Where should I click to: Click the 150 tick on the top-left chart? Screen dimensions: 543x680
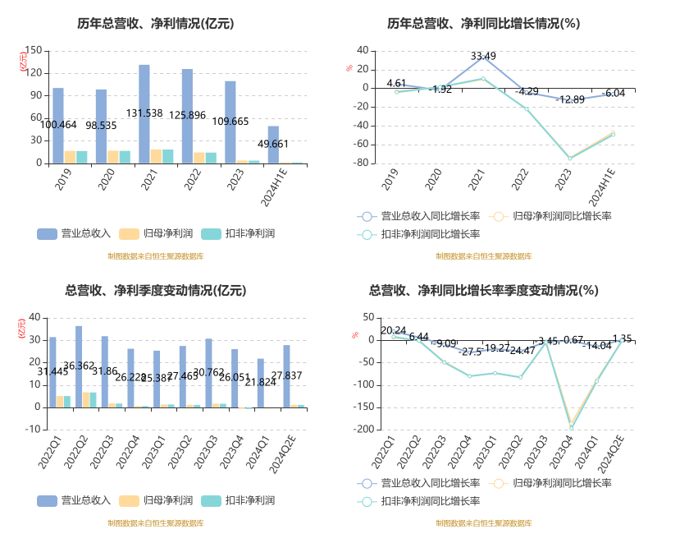34,51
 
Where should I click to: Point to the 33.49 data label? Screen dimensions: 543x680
483,56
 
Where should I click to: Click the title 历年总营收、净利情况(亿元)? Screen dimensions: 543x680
156,24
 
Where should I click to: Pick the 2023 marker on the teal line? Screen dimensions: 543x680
569,159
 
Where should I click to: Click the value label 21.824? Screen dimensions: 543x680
262,382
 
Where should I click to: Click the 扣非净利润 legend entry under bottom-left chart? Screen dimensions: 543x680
241,500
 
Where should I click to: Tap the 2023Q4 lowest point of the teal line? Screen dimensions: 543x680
571,427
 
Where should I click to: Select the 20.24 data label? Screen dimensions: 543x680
393,331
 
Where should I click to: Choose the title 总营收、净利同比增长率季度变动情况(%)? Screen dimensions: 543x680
484,290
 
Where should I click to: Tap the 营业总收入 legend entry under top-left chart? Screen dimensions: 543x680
75,232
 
